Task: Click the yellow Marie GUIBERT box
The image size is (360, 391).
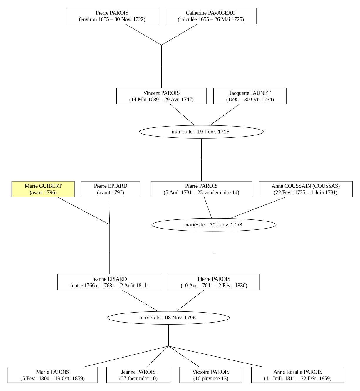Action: tap(43, 189)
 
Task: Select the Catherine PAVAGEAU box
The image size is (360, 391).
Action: tap(211, 16)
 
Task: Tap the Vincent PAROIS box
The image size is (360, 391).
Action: tap(161, 96)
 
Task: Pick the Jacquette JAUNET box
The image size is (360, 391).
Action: tap(250, 96)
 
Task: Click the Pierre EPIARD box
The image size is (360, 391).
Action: tap(110, 189)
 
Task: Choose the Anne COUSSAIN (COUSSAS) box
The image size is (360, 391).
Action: tap(305, 189)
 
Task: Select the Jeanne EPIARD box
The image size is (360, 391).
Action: tap(109, 282)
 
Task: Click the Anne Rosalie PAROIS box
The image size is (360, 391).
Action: tap(298, 375)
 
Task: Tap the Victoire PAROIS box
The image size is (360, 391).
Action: tap(211, 375)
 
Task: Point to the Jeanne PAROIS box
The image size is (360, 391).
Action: tap(138, 375)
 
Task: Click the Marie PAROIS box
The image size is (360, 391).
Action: tap(53, 375)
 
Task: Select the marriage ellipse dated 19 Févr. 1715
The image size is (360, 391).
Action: tap(201, 132)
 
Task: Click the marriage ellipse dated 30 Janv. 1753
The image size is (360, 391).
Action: tap(214, 225)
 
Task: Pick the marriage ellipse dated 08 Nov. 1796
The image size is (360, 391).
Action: tap(168, 318)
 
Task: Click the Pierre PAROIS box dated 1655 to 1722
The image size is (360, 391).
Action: tap(112, 16)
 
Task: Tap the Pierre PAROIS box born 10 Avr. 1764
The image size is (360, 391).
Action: tap(214, 282)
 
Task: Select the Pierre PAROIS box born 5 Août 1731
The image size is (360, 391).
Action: tap(201, 189)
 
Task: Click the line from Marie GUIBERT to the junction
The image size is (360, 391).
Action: tap(83, 211)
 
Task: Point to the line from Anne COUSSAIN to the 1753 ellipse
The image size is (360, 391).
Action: tap(258, 208)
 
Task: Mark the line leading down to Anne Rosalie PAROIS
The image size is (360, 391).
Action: tap(216, 357)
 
